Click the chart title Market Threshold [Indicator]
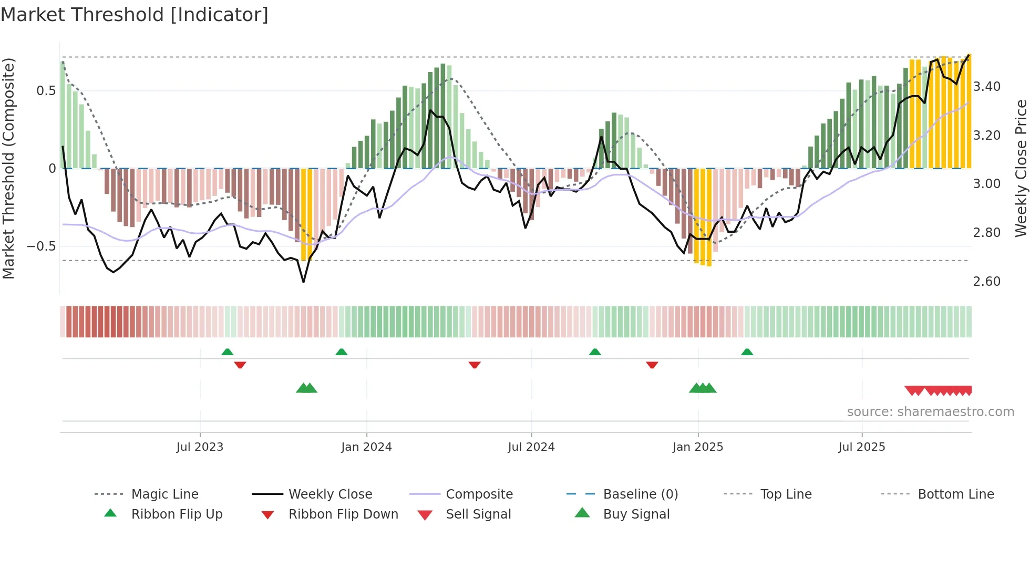click(x=135, y=15)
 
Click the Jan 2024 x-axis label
click(x=366, y=447)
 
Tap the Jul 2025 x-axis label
click(x=861, y=447)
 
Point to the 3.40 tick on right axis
click(x=986, y=86)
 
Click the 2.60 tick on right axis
click(x=986, y=281)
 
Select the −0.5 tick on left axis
click(x=41, y=246)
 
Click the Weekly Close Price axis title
click(x=1021, y=168)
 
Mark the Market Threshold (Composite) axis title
click(x=8, y=168)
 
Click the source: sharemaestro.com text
click(x=930, y=411)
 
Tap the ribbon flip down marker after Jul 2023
click(x=240, y=365)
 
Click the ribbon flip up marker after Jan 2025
click(x=747, y=352)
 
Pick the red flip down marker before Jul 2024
click(x=475, y=365)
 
